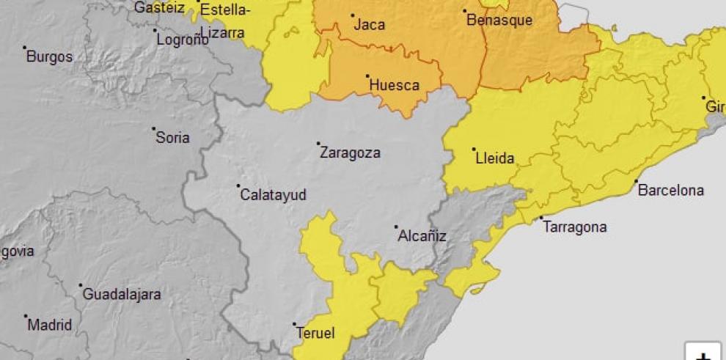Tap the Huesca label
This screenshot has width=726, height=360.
coord(394,85)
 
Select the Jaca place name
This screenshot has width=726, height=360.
coord(370,25)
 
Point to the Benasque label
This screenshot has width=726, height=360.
coord(499,21)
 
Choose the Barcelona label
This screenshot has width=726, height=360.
coord(670,191)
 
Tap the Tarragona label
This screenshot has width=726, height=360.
coord(575,227)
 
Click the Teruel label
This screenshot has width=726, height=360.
coord(315,334)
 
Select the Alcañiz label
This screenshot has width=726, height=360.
coord(422,236)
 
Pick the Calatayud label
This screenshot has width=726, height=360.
coord(274,195)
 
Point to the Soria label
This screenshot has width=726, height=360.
coord(172,138)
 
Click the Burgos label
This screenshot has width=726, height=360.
coord(49,56)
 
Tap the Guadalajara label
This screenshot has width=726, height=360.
coord(121,295)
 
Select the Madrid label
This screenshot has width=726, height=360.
coord(49,325)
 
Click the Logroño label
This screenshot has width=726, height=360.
coord(183,40)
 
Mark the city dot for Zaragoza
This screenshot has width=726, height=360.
coord(318,144)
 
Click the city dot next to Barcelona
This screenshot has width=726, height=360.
coord(636,181)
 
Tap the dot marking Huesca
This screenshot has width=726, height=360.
coord(367,76)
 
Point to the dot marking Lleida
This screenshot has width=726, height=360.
coord(474,149)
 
